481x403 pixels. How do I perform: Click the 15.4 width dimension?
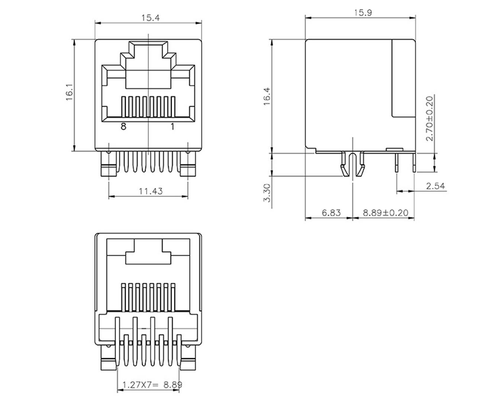tap(150, 18)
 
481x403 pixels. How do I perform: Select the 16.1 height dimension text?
tap(70, 95)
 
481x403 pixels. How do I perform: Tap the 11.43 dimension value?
tap(151, 191)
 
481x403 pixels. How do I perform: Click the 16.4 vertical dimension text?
tap(267, 96)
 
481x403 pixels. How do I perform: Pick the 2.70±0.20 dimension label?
tap(430, 118)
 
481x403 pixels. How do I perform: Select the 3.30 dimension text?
tap(267, 193)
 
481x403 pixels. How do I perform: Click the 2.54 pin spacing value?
tap(435, 186)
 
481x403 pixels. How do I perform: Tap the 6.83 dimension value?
tap(331, 213)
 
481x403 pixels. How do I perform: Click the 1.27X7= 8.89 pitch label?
tap(152, 385)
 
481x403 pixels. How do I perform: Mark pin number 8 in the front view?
tap(123, 127)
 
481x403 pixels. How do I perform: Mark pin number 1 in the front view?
tap(172, 127)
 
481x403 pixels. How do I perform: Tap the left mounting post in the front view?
tap(109, 165)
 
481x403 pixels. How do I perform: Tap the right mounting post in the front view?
tap(188, 165)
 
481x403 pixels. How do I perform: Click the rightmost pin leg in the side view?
tap(414, 162)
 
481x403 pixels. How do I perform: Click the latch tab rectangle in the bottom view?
tap(148, 257)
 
